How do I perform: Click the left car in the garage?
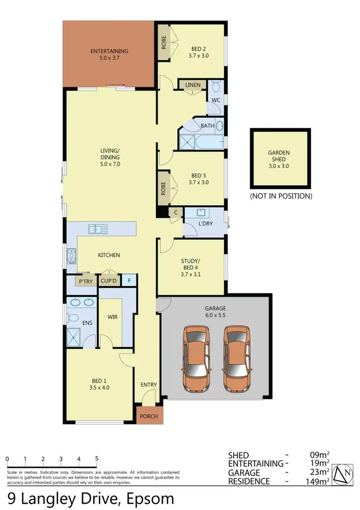(196, 359)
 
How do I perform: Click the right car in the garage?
(238, 359)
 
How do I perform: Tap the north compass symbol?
(345, 473)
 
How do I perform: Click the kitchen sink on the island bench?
(97, 230)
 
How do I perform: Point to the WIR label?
(113, 317)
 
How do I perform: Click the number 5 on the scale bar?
(97, 459)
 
